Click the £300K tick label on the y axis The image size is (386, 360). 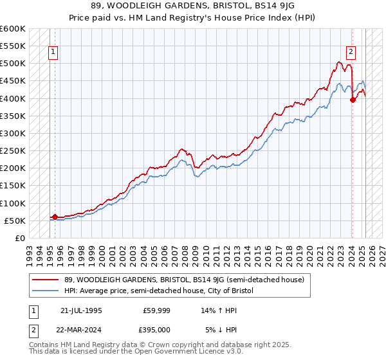[x=12, y=133]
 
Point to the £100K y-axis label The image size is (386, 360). [x=12, y=203]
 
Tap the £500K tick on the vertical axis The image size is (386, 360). [x=12, y=64]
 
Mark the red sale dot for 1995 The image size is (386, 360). [x=55, y=217]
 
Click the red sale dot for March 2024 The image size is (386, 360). [x=353, y=100]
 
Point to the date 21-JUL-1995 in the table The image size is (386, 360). [x=81, y=310]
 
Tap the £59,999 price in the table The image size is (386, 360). [x=157, y=310]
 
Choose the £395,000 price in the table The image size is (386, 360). [x=154, y=329]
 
